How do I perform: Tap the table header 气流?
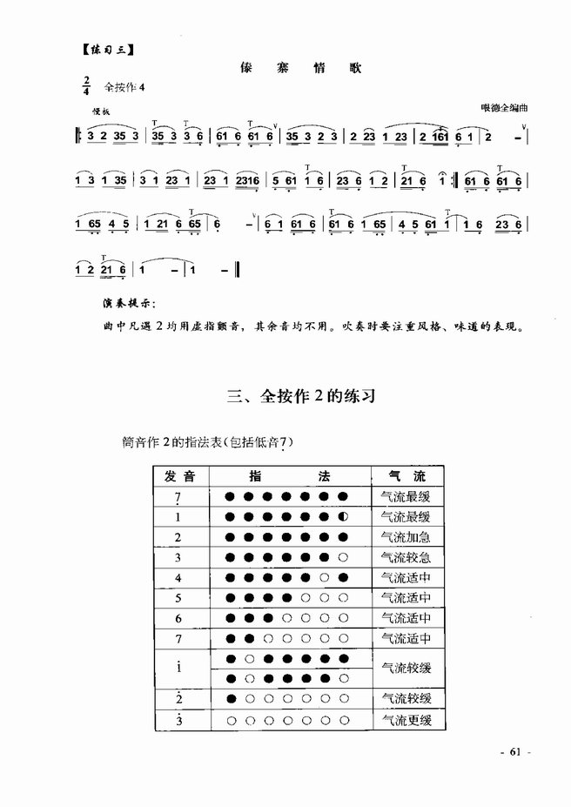406,476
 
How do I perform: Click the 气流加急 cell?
406,537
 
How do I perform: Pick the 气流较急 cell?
406,557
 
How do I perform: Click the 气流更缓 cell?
406,720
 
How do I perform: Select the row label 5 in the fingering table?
178,598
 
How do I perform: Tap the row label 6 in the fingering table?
178,619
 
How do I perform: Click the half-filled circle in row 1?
344,517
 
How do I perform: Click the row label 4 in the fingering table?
178,578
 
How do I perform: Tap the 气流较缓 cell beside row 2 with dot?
406,699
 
